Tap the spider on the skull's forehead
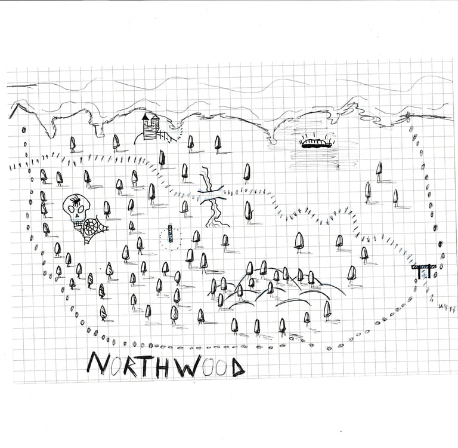coord(76,202)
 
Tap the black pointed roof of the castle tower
coord(145,117)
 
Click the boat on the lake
coord(316,142)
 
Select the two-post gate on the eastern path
coord(424,271)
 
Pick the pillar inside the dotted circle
coord(169,237)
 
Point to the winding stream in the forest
coord(211,197)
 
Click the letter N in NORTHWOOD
coord(97,364)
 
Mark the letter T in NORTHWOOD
coord(146,366)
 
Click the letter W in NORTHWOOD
coord(186,366)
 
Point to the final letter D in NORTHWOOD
coord(238,367)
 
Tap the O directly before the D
coord(221,367)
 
